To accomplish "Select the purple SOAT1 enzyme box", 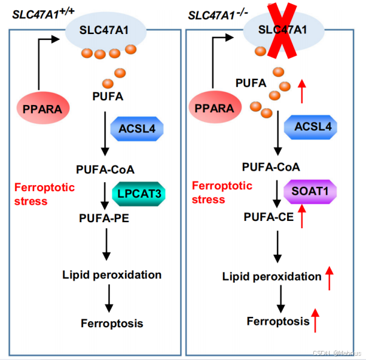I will pos(310,192).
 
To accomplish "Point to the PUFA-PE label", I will pos(103,216).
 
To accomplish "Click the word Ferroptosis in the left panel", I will pos(112,323).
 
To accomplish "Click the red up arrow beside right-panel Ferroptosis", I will pos(315,320).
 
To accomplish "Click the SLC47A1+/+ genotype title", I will pos(40,12).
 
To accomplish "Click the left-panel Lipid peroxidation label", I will pos(112,274).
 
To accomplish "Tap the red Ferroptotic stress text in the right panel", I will pos(222,192).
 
